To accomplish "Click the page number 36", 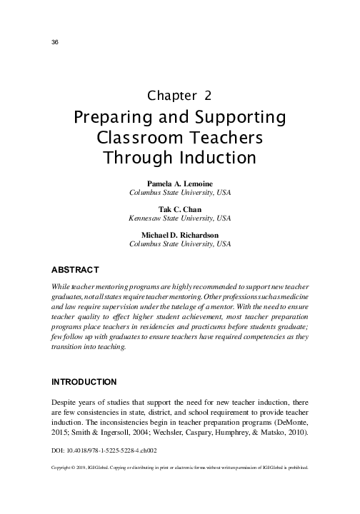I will [x=54, y=42].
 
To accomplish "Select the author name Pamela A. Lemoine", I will [x=179, y=183].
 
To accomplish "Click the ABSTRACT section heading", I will [x=75, y=270].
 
